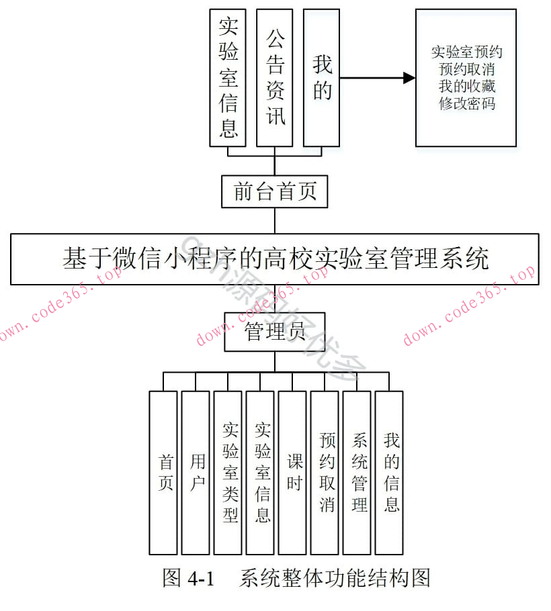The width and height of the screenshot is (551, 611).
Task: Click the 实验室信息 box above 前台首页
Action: tap(228, 77)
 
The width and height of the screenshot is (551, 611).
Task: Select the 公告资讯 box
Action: tap(274, 77)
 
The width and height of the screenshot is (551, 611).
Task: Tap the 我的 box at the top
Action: tap(321, 77)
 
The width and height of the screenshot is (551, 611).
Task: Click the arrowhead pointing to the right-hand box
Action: tap(409, 78)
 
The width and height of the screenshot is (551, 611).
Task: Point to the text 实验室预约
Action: tap(466, 52)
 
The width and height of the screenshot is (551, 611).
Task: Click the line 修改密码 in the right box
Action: tap(466, 103)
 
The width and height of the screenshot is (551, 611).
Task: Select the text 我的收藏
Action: tap(466, 86)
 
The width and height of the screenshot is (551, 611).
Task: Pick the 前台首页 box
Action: tap(274, 192)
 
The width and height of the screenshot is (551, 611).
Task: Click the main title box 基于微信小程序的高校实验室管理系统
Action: tap(274, 259)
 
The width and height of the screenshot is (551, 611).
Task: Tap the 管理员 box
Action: tap(274, 331)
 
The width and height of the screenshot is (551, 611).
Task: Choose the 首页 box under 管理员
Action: tap(163, 472)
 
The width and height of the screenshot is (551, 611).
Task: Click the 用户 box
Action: tap(196, 472)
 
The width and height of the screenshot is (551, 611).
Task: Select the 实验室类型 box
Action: tap(228, 472)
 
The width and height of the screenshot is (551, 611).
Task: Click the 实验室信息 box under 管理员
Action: tap(260, 472)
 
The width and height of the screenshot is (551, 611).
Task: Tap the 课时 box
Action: tap(292, 472)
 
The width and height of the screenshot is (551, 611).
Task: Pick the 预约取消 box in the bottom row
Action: tap(325, 472)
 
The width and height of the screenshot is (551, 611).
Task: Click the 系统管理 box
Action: tap(357, 472)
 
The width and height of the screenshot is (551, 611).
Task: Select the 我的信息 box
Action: tap(389, 472)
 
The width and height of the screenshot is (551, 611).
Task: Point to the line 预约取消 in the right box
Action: tap(466, 69)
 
